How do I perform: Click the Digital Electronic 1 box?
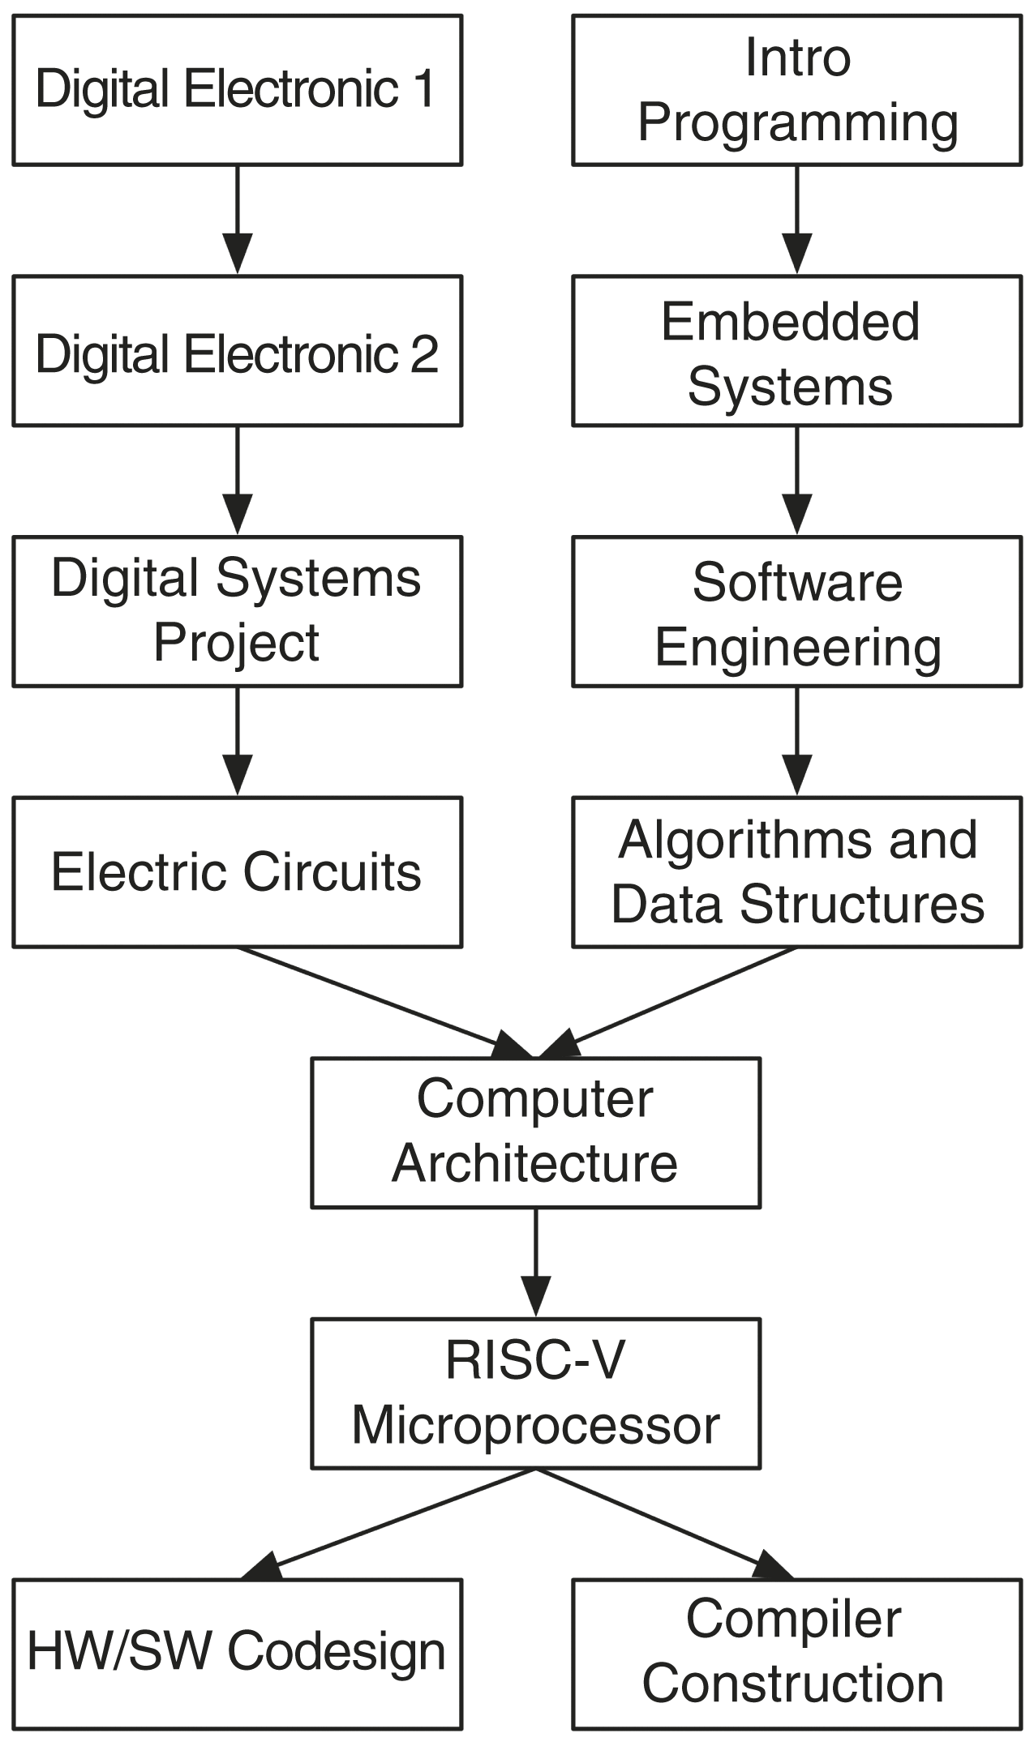tap(237, 89)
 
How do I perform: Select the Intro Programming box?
tap(796, 89)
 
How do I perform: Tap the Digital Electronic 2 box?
tap(237, 351)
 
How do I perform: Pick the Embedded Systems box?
tap(796, 351)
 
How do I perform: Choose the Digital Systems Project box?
tap(237, 611)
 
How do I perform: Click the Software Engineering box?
tap(796, 611)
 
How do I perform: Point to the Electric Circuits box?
tap(237, 872)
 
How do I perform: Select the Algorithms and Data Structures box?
tap(796, 872)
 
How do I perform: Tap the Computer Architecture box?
tap(535, 1132)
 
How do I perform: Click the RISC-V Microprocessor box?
tap(535, 1393)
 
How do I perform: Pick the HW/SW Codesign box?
tap(237, 1654)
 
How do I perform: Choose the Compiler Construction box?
tap(796, 1654)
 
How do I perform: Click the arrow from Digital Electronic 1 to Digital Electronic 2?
tap(237, 219)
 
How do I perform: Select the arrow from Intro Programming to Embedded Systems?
tap(796, 219)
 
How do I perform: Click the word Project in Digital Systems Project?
tap(236, 643)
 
